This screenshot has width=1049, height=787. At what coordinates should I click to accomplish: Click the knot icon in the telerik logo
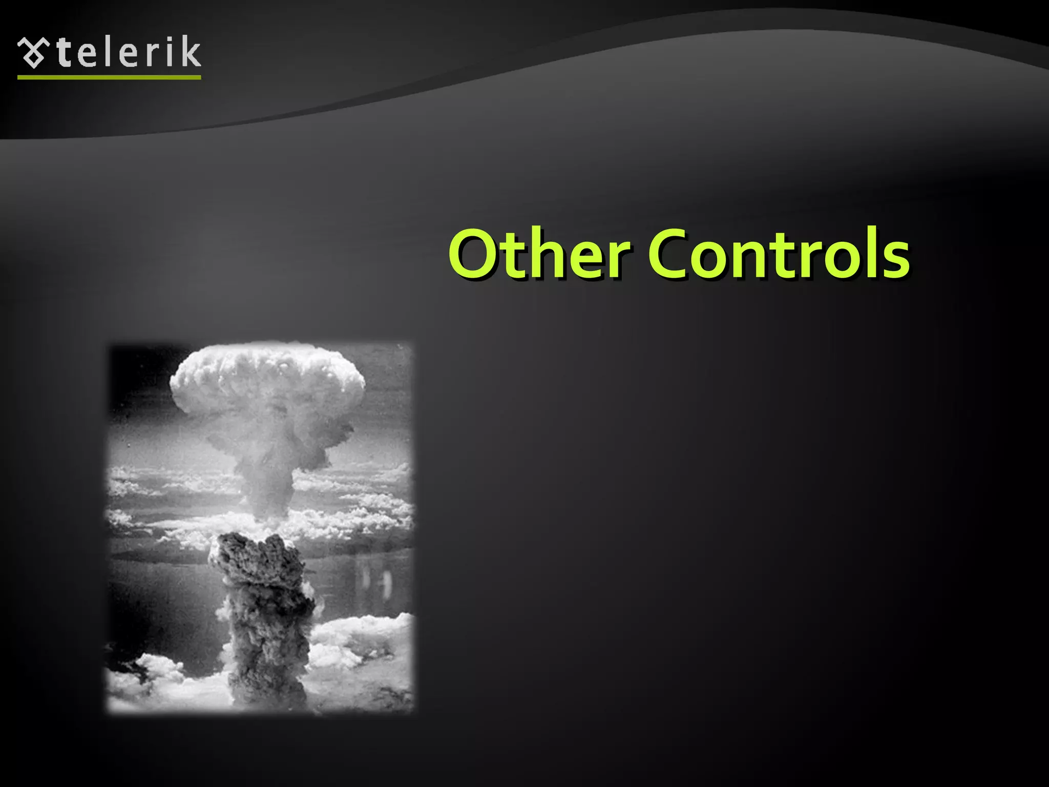34,53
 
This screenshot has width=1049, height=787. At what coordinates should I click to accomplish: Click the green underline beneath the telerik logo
109,77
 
